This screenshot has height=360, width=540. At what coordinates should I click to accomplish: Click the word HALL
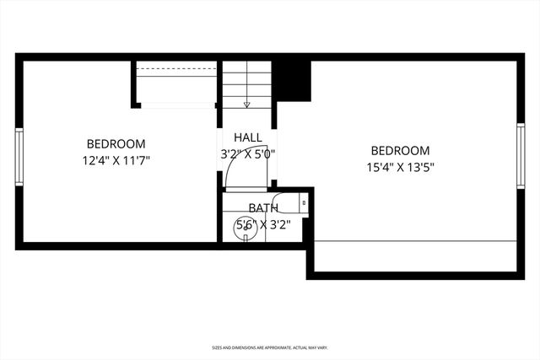point(248,137)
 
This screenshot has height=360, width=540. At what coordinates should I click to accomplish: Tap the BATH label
point(263,207)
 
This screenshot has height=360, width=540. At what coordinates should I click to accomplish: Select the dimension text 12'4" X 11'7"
point(116,159)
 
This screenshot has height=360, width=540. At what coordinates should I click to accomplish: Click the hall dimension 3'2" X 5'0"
point(248,153)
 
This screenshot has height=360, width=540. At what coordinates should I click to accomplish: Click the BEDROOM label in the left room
point(116,143)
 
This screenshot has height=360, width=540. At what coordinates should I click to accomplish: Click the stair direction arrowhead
point(247,105)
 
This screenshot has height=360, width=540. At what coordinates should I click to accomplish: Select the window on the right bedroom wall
point(521,155)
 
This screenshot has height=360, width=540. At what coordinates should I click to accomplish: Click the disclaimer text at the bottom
point(270,347)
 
